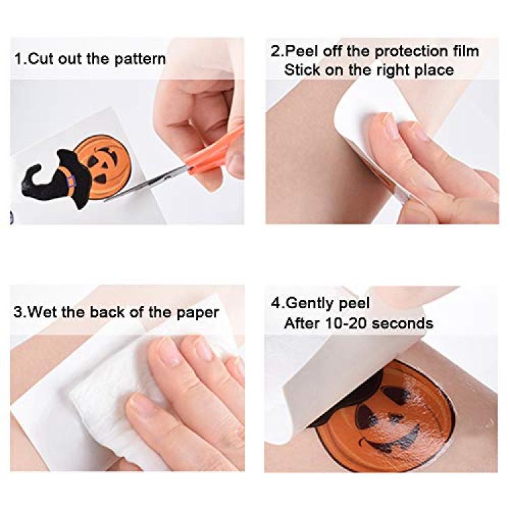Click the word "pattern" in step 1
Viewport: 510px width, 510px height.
point(140,60)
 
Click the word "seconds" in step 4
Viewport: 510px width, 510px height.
point(403,323)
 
